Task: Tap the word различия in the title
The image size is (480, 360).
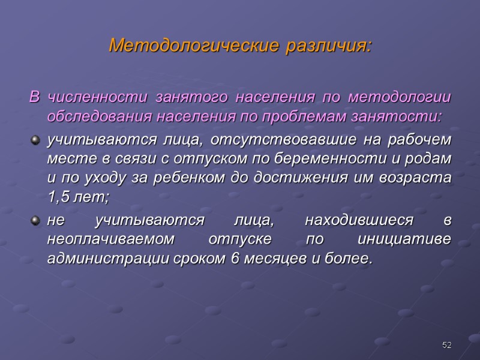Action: coord(329,46)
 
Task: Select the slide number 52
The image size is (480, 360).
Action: coord(446,345)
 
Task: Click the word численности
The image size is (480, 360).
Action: coord(99,97)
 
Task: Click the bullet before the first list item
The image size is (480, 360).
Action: coord(34,140)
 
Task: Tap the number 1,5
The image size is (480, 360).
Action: coord(58,196)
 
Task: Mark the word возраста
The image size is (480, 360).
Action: coord(421,178)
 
